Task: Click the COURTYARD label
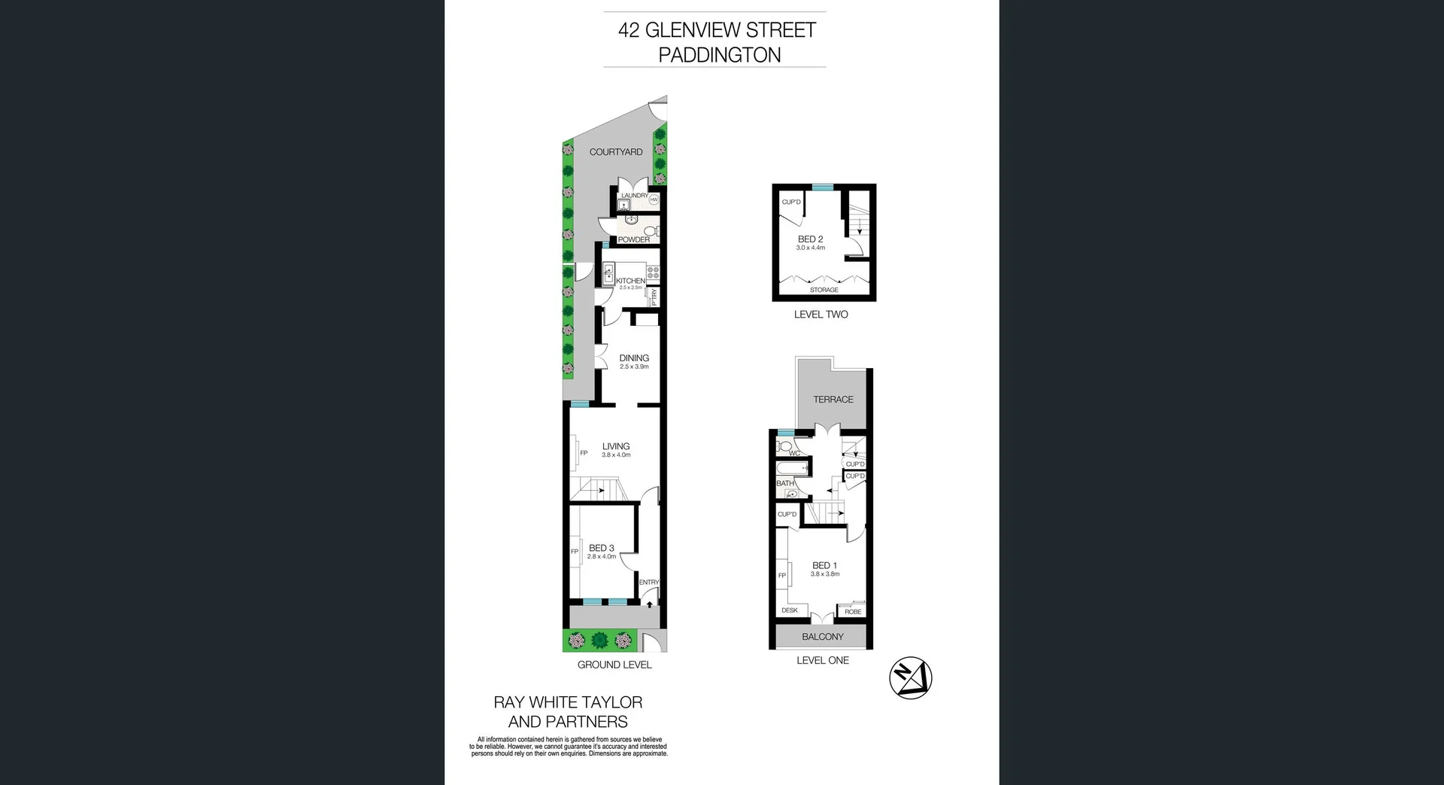[616, 152]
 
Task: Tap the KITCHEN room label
[630, 281]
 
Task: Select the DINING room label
[634, 358]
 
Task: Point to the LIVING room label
[616, 446]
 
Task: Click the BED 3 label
[602, 548]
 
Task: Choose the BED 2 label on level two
[811, 239]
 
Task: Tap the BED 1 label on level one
[824, 565]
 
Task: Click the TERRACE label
[833, 400]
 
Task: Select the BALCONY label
[823, 637]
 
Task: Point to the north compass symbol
[911, 678]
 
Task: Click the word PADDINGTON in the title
[720, 55]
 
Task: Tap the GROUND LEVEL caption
[614, 665]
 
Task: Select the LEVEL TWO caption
[821, 315]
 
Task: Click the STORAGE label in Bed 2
[824, 290]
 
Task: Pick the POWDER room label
[634, 240]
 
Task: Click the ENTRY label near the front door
[649, 583]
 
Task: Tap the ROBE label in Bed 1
[853, 612]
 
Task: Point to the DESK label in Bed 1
[790, 610]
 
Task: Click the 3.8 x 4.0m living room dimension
[616, 455]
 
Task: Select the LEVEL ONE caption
[823, 660]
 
